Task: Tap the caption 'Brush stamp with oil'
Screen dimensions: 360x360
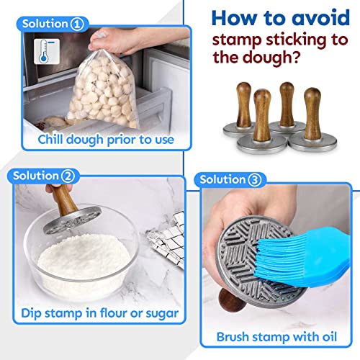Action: pyautogui.click(x=277, y=336)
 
